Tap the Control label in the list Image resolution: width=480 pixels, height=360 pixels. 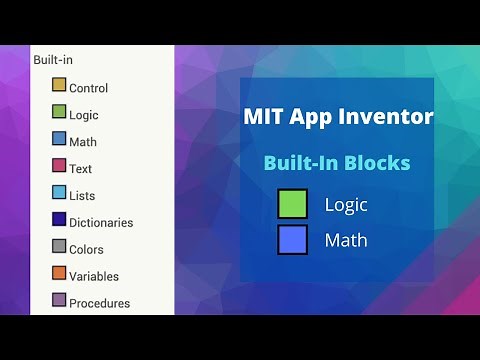pos(88,88)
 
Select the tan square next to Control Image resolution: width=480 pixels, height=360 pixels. pos(59,86)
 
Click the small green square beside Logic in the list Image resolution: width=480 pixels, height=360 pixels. pos(59,113)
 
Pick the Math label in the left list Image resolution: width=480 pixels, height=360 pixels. pos(83,142)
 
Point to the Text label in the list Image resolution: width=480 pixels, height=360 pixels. pos(81,169)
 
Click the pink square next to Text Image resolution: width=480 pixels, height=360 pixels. pos(59,167)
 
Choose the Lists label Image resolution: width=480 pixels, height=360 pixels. pos(82,196)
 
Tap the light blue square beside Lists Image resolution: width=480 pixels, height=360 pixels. pos(59,194)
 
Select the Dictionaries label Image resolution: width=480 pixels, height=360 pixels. pos(101,223)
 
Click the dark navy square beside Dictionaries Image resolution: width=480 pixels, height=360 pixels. pos(59,221)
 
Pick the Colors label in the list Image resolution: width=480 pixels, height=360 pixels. pos(86,250)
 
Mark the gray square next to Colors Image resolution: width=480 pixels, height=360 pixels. pos(59,248)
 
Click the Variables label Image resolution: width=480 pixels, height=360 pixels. pos(94,277)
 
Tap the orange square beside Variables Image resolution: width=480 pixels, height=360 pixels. pos(59,275)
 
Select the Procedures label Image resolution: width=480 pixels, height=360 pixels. pos(99,303)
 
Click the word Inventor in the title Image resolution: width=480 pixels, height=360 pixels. pos(384,117)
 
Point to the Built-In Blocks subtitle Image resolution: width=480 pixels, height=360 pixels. pos(337,163)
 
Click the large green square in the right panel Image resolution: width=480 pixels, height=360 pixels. pos(293,205)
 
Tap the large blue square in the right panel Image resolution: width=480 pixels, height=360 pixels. pos(293,240)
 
